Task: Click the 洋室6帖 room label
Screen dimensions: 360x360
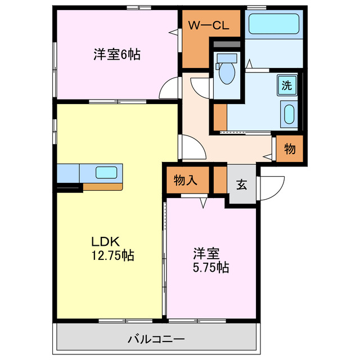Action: pyautogui.click(x=116, y=55)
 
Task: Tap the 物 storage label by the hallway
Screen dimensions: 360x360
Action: pyautogui.click(x=290, y=149)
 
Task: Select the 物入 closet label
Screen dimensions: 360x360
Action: pyautogui.click(x=184, y=180)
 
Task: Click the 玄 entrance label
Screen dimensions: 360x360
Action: pyautogui.click(x=241, y=184)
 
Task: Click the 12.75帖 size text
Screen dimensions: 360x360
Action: pyautogui.click(x=112, y=255)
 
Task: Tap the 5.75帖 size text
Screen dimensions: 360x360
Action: pyautogui.click(x=208, y=267)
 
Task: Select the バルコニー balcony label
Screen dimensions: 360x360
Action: pyautogui.click(x=156, y=340)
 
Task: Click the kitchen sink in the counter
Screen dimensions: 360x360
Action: pyautogui.click(x=106, y=172)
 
